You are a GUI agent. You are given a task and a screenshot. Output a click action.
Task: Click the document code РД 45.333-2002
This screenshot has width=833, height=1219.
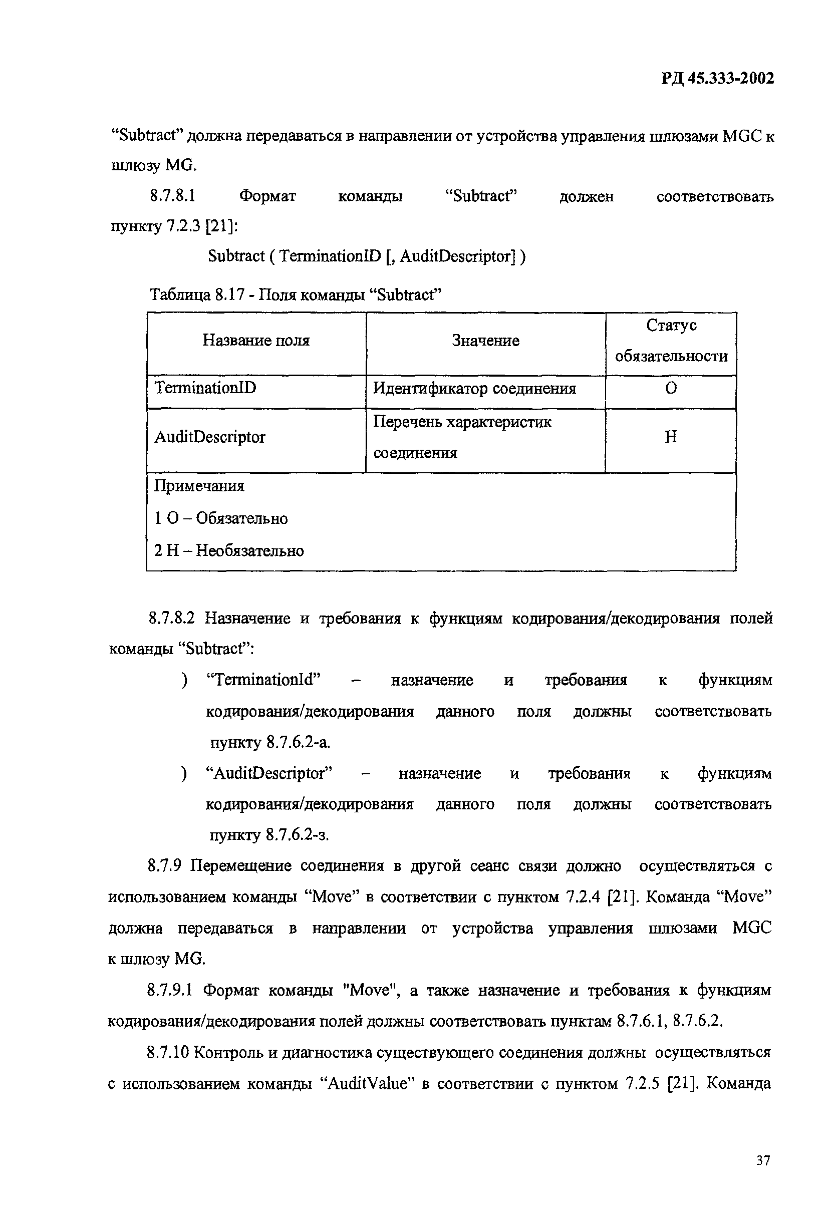tap(717, 79)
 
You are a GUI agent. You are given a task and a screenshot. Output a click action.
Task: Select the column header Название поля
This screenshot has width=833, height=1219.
tap(256, 341)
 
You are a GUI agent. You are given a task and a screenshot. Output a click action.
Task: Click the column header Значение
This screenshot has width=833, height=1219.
tap(485, 341)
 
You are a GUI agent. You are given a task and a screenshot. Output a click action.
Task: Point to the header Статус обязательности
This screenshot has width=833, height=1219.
tap(671, 341)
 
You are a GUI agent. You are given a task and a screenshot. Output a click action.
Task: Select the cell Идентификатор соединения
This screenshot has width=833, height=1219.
tap(474, 389)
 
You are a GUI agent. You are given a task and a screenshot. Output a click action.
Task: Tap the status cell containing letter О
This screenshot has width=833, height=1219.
tap(671, 388)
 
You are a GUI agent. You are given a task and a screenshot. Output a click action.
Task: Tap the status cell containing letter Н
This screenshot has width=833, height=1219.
tap(671, 437)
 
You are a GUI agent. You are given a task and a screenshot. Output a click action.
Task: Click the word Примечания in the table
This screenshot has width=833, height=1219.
tap(199, 486)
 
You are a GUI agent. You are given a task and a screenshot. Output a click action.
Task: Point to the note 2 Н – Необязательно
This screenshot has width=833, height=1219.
tap(229, 551)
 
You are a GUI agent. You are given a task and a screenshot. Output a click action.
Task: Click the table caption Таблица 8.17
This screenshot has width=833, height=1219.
tap(197, 295)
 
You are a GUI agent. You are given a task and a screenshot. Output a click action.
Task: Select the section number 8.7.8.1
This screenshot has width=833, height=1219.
tap(173, 196)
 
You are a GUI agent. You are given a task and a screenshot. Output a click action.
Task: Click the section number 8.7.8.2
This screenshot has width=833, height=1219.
tap(171, 619)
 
